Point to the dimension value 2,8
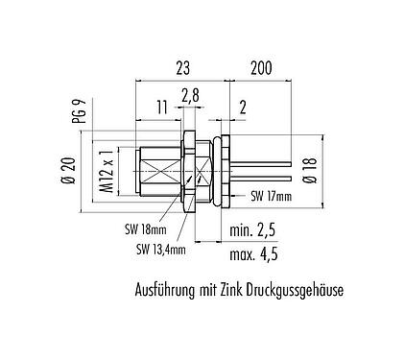[190, 94]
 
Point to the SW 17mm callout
[272, 198]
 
